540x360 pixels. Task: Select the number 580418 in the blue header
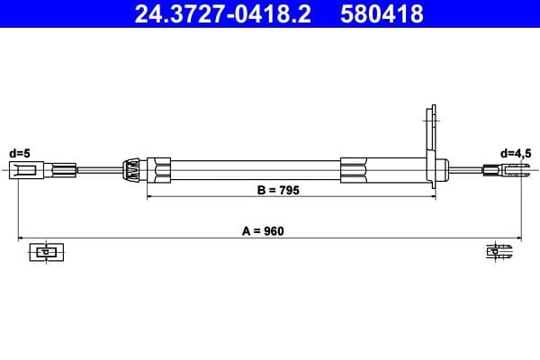click(x=382, y=14)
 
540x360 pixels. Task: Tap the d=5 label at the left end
click(x=20, y=153)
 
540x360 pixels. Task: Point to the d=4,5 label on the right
click(x=516, y=153)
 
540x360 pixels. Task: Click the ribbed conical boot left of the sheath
click(x=132, y=169)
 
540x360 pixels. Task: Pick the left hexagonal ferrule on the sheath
click(x=160, y=169)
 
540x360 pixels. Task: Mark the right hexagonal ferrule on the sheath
click(x=355, y=169)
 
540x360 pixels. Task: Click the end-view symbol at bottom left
click(x=43, y=252)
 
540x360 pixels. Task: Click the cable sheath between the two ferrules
click(x=256, y=169)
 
